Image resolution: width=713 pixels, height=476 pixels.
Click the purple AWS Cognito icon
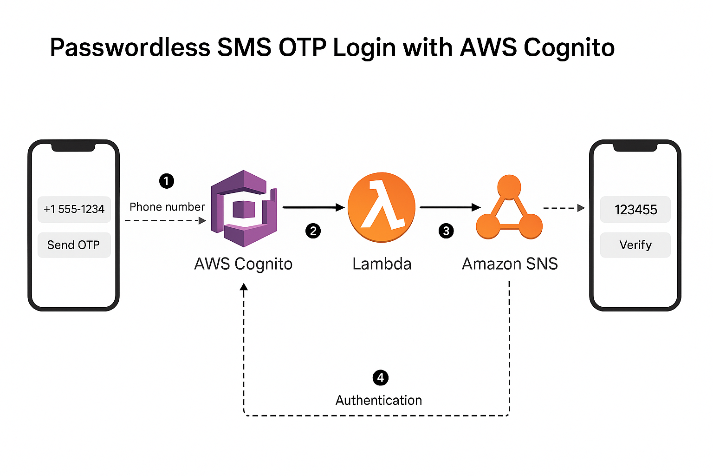coord(244,208)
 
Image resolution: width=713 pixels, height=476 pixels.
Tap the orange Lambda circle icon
coord(382,207)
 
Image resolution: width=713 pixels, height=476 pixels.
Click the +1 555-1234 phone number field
coord(74,209)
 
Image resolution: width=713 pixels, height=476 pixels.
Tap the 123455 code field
coord(635,210)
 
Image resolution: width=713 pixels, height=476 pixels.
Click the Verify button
coord(635,245)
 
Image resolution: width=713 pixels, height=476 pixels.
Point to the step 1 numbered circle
coord(167,181)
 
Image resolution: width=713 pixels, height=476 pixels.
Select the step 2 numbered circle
coord(313,231)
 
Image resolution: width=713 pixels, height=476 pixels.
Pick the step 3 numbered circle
coord(446,231)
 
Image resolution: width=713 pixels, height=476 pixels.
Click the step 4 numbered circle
coord(381,377)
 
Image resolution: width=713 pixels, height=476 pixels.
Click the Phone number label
coord(167,207)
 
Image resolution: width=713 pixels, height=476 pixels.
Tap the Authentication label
coord(379,400)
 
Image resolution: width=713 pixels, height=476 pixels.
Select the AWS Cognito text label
coord(243,264)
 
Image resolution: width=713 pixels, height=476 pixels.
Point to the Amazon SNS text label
coord(510,264)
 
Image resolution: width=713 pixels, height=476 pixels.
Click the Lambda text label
coord(382,264)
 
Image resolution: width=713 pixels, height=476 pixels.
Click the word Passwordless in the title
coord(130,48)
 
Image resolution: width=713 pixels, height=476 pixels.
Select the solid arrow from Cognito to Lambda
coord(313,207)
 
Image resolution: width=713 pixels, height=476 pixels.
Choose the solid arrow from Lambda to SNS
coord(449,207)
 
